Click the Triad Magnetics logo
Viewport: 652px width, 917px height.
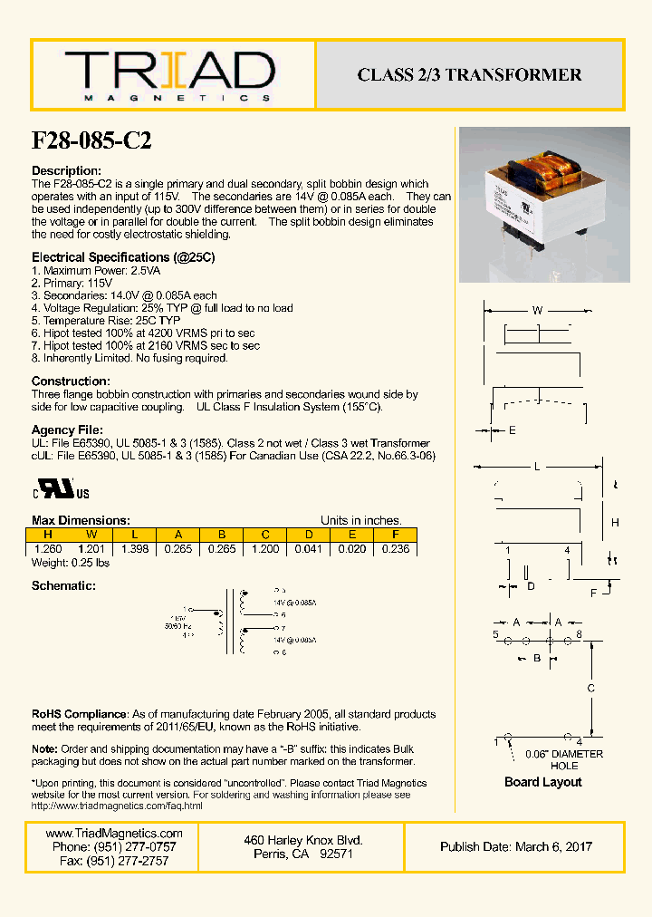coord(169,75)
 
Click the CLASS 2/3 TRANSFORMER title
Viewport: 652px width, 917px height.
coord(469,75)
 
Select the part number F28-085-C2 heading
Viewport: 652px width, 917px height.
coord(91,141)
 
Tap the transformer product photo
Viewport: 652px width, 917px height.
coord(543,205)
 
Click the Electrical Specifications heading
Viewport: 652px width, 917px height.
coord(123,257)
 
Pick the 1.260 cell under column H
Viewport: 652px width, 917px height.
coord(49,549)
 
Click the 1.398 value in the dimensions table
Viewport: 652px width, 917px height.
coord(134,549)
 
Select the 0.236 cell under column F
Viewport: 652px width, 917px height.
coord(395,549)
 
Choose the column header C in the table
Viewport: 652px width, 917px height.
coord(264,536)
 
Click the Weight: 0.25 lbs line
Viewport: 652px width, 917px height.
coord(71,563)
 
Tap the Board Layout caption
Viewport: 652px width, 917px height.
coord(542,782)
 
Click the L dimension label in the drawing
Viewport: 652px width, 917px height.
coord(536,467)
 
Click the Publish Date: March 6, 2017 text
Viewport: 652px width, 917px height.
coord(516,846)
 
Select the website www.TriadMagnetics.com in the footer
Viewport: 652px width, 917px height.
coord(114,834)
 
